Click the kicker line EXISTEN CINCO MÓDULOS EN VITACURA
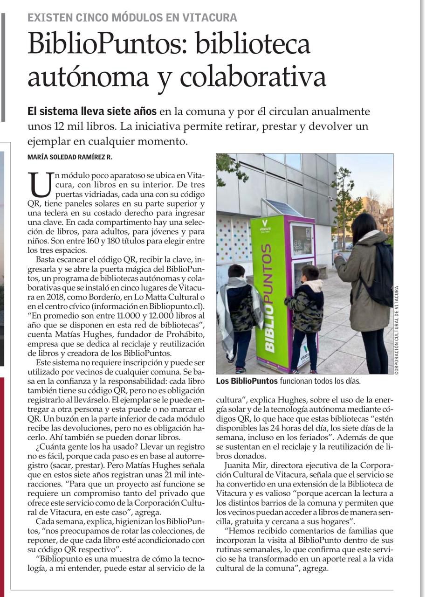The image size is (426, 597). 132,18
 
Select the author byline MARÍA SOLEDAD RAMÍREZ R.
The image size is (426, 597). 70,158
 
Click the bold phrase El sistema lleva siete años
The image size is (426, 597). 92,112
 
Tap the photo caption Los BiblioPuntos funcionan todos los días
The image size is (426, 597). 288,381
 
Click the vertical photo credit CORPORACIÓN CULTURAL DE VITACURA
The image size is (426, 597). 397,329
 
